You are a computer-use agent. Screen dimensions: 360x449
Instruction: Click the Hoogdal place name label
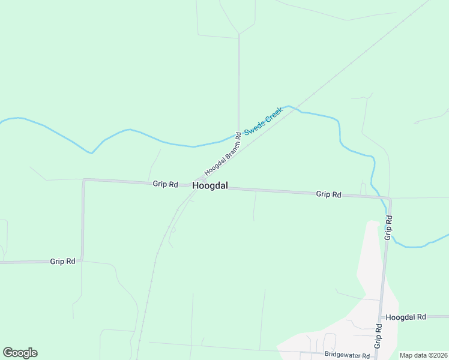coord(210,186)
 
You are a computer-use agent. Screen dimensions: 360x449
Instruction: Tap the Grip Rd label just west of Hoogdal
coord(165,184)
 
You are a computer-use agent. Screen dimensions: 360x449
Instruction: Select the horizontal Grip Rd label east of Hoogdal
coord(328,194)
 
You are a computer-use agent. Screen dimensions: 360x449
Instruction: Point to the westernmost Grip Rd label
coord(62,261)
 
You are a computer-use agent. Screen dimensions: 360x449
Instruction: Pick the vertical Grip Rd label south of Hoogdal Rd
coord(379,336)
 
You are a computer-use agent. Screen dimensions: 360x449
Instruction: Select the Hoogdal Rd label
coord(406,317)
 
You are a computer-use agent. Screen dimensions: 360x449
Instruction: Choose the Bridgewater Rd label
coord(346,355)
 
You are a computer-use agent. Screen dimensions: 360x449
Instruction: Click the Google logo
coord(20,353)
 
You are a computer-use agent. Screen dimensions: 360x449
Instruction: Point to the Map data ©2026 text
coord(423,355)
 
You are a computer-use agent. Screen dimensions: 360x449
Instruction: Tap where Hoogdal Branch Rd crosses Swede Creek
coord(238,136)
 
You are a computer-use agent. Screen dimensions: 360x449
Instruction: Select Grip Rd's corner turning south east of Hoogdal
coord(390,198)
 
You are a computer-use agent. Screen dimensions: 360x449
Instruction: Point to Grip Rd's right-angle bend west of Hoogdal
coord(84,180)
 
